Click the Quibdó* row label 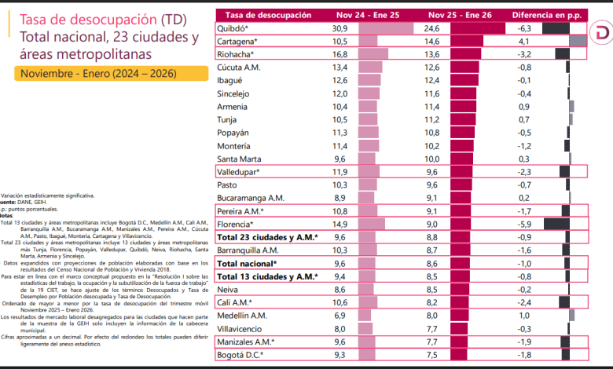(x=235, y=28)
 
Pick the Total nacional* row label (x=246, y=263)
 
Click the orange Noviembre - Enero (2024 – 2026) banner (x=101, y=73)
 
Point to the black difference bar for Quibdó (x=555, y=28)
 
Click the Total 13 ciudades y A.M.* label (x=267, y=276)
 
